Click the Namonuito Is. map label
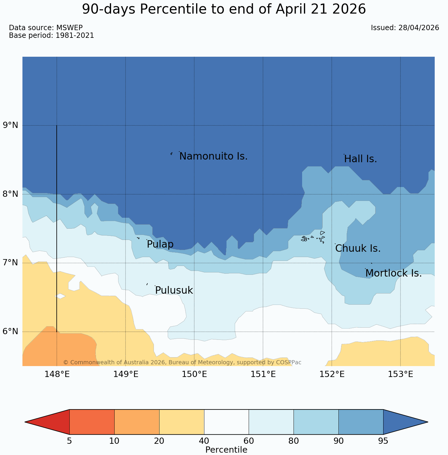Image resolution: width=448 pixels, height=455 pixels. coord(213,156)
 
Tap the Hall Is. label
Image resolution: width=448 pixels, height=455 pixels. coord(361,159)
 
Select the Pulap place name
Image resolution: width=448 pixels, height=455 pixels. coord(160,244)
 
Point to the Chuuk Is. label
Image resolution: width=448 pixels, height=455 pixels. coord(358,248)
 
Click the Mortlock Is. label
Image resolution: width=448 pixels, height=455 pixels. coord(393,273)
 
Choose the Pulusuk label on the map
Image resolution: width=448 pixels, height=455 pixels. coord(174,290)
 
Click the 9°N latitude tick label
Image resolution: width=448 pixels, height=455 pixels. coord(11,125)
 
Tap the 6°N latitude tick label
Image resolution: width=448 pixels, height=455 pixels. coord(11,331)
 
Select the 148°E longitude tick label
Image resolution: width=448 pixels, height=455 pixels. coord(57,374)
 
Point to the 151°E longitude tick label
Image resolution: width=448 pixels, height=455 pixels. coord(263,374)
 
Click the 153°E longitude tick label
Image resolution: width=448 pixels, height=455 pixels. coord(400,374)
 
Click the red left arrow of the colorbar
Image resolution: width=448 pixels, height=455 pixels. coord(47,422)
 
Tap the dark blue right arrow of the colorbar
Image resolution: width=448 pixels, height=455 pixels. coord(405,422)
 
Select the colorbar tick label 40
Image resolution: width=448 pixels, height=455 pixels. coord(204,441)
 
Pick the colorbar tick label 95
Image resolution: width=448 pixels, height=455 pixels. coord(383,441)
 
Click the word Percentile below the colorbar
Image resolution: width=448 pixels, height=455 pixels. coord(226,450)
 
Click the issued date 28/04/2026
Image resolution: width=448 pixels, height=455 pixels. coord(418,28)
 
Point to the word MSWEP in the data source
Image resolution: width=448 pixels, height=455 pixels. coord(69,28)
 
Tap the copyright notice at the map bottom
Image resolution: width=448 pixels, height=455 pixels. coord(182,362)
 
